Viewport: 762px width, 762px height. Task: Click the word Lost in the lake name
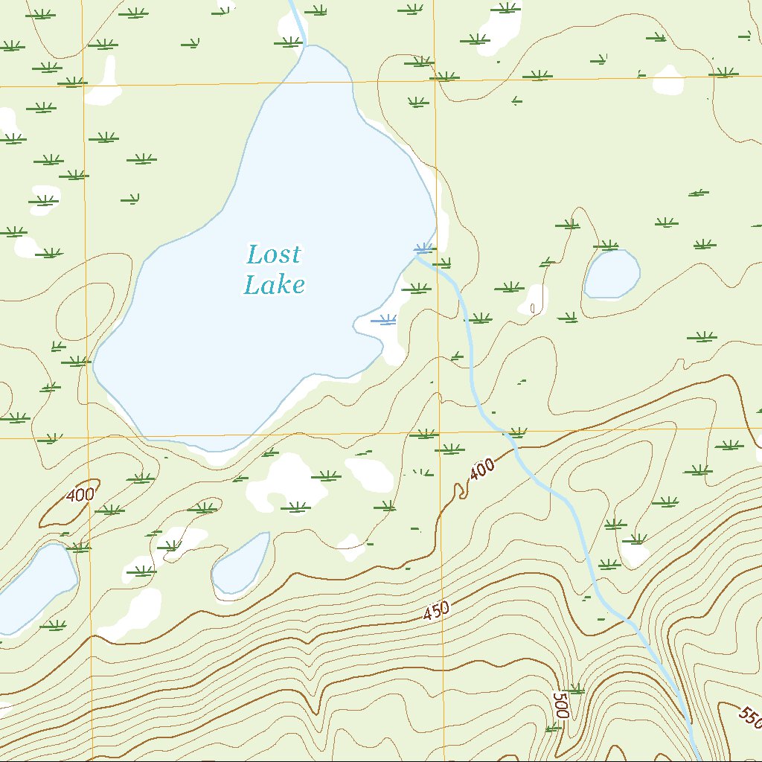click(x=274, y=254)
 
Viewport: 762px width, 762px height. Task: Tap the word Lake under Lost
click(x=275, y=284)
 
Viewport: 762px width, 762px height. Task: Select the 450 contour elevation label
click(x=437, y=611)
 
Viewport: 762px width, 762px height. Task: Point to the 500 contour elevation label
click(x=560, y=704)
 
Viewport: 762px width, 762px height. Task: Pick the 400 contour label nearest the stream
click(x=482, y=469)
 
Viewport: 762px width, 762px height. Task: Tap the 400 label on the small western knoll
click(x=80, y=495)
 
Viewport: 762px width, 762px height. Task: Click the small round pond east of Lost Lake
click(x=612, y=274)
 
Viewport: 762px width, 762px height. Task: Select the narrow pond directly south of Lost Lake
click(x=241, y=564)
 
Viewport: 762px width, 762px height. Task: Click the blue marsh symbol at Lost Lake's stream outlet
click(x=423, y=248)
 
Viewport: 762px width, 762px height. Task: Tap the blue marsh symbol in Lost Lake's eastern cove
click(x=384, y=320)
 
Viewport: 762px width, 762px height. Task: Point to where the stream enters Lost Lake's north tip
click(x=305, y=46)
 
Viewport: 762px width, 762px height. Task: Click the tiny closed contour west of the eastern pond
click(x=531, y=307)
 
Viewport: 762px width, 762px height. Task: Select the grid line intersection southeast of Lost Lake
click(x=440, y=432)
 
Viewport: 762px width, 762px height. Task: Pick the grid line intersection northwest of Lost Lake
click(x=83, y=86)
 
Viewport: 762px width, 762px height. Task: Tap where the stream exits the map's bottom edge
click(x=697, y=758)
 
